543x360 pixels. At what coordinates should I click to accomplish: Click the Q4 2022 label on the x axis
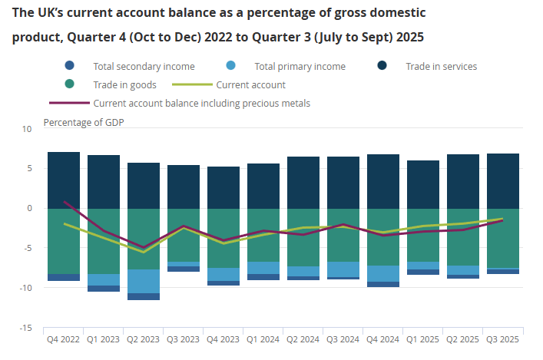[63, 339]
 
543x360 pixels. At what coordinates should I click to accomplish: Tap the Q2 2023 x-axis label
[143, 339]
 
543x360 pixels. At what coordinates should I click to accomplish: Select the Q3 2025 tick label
[502, 339]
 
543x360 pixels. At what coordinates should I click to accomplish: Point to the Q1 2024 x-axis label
[263, 339]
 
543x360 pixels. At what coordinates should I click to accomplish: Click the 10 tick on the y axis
[28, 129]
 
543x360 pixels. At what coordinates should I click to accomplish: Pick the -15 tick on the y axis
[26, 328]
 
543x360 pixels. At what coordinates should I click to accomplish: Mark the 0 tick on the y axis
[29, 208]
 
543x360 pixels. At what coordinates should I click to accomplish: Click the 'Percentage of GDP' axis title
[84, 122]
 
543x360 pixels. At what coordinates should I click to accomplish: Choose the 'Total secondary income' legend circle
[71, 67]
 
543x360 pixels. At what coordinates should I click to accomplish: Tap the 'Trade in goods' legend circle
[71, 85]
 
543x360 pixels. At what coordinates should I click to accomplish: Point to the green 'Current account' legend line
[191, 85]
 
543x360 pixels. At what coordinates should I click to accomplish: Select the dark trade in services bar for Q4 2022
[64, 180]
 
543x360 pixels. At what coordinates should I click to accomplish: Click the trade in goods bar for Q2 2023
[144, 239]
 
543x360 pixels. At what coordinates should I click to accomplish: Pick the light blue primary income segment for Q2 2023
[144, 281]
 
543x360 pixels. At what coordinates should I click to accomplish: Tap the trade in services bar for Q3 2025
[503, 180]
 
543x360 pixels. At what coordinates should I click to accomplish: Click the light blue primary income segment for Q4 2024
[383, 273]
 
